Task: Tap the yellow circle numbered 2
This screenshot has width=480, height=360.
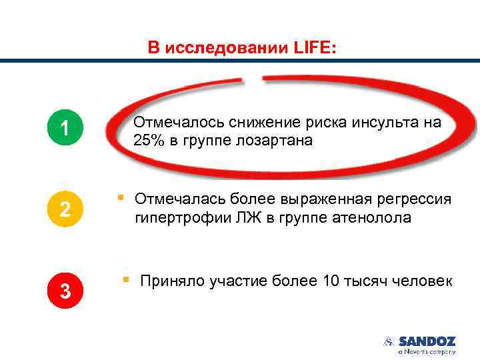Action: [x=65, y=209]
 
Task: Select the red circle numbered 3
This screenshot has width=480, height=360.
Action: [x=65, y=291]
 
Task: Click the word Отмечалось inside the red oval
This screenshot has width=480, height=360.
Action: [x=178, y=123]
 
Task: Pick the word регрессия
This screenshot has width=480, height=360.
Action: [x=412, y=199]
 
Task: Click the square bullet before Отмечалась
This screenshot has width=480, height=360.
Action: [x=120, y=197]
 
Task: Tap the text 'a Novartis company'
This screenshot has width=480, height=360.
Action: [x=427, y=351]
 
